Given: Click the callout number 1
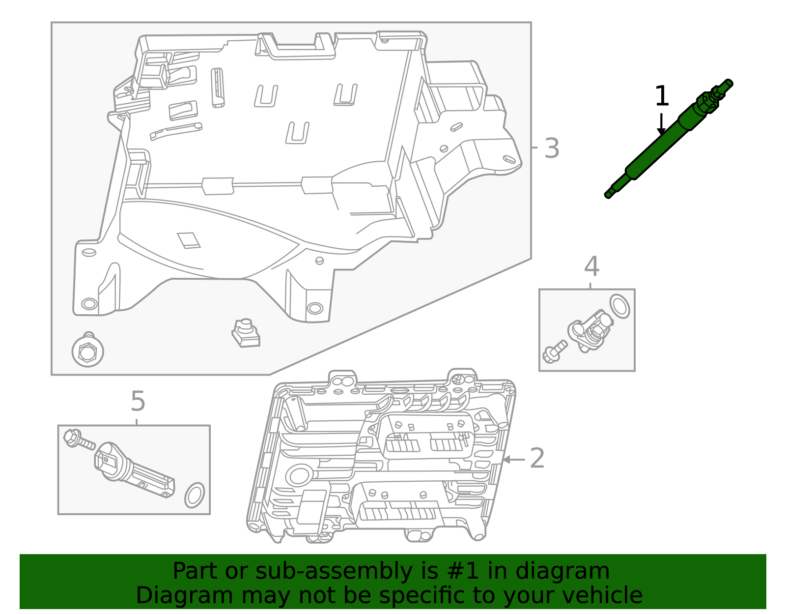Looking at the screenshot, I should click(662, 96).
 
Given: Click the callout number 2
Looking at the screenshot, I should click(537, 458).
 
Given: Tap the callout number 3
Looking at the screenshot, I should click(552, 148).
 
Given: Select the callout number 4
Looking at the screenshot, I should click(591, 267).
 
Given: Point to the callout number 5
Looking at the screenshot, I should click(138, 402).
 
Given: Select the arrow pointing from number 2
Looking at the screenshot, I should click(513, 459).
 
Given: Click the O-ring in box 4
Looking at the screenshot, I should click(619, 306).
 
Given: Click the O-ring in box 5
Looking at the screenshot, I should click(195, 495).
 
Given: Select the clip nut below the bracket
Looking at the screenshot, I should click(246, 333).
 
